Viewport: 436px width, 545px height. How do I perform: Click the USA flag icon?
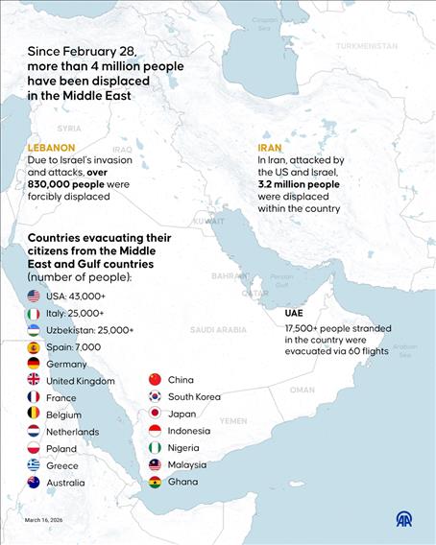click(34, 296)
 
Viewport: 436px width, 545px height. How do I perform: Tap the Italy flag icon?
click(34, 314)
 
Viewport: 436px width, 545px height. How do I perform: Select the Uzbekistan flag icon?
click(34, 330)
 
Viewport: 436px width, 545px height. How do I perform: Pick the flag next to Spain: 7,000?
click(34, 347)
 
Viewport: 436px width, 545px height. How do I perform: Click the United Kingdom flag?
click(34, 381)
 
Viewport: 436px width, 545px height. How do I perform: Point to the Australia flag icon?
click(34, 483)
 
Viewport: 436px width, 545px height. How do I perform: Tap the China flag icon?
click(155, 380)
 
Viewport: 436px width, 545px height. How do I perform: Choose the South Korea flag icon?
click(155, 397)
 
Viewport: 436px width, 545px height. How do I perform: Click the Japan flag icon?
click(155, 415)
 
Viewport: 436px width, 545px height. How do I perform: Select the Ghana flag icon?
click(155, 482)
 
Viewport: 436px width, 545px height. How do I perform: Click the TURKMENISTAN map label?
click(366, 45)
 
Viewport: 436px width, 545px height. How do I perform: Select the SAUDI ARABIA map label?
click(218, 329)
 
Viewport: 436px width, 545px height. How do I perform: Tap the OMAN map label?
click(302, 391)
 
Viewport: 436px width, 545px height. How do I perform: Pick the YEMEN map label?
click(233, 420)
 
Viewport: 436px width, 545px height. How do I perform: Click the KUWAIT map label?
click(207, 221)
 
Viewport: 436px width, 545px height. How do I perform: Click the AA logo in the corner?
click(405, 518)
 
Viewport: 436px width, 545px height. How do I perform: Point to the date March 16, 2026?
click(46, 521)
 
